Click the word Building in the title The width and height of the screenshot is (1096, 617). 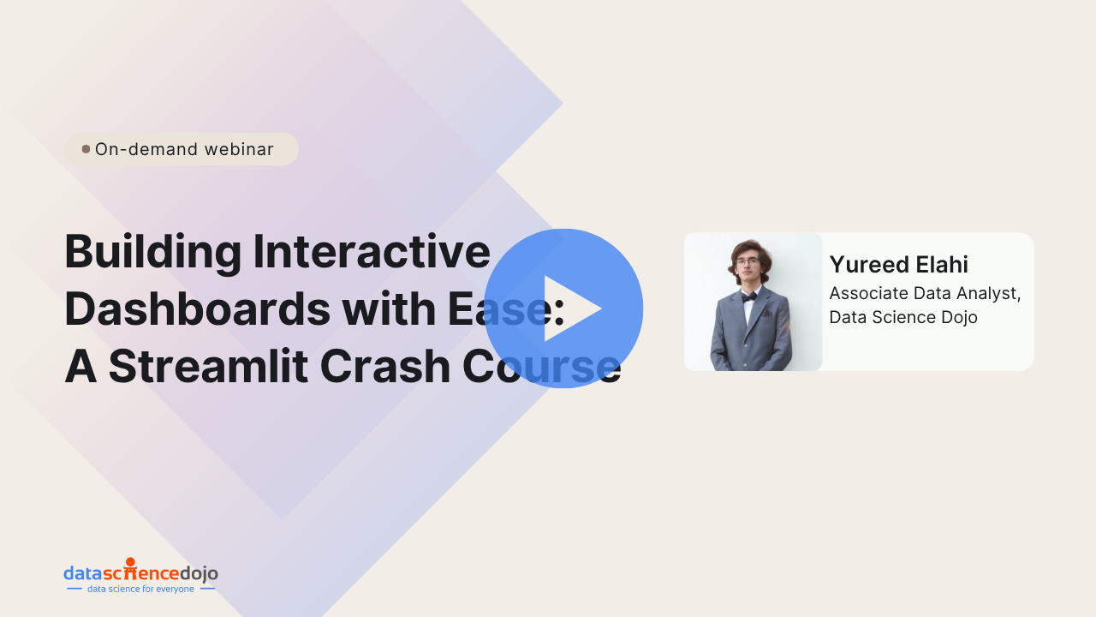tap(152, 253)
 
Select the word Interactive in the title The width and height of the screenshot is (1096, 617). tap(372, 251)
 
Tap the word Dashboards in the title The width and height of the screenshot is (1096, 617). tap(198, 308)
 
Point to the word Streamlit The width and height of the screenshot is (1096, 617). tap(208, 366)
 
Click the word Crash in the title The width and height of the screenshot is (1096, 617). tap(385, 366)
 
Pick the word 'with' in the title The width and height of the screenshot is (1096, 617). tap(389, 308)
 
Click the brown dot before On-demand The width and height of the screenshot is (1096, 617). tap(86, 149)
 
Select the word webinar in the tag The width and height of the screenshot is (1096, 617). tap(239, 149)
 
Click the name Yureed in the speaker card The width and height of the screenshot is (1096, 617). tap(868, 265)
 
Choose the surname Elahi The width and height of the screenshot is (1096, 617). tap(942, 265)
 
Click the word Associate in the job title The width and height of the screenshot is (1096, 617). tap(868, 293)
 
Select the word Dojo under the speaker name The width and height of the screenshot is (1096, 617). tap(959, 317)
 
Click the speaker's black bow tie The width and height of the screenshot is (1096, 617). tap(749, 297)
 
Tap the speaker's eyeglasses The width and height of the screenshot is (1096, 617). tap(748, 262)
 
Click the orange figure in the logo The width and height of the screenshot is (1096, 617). tap(131, 568)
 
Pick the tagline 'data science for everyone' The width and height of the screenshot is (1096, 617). tap(140, 589)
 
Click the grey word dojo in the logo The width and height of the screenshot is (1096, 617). tap(199, 573)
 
